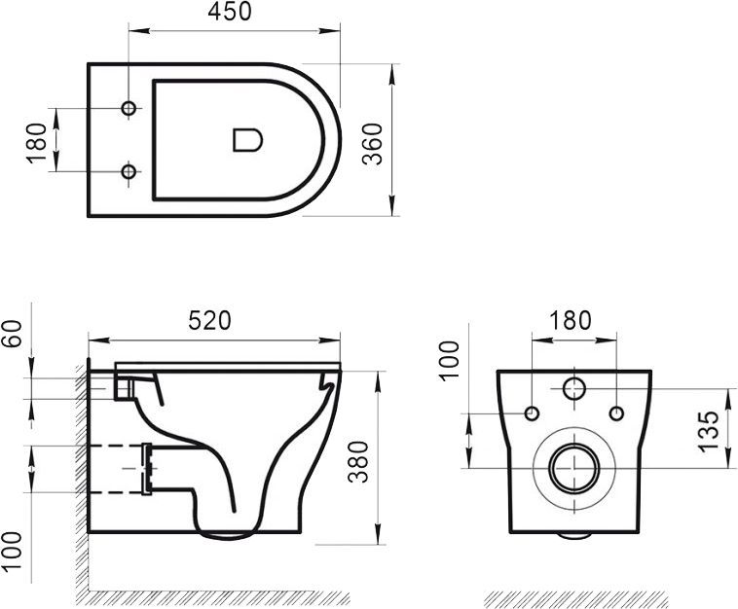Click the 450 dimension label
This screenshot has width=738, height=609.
point(230,13)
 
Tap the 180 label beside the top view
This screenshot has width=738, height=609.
point(38,142)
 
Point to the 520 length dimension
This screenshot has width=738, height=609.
point(209,321)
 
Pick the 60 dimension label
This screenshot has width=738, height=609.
point(13,343)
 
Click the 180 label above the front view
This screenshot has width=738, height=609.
point(571,320)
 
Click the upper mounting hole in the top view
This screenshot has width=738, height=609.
point(129,107)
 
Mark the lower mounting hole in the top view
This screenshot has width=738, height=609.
point(129,172)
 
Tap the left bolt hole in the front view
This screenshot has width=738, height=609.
point(532,414)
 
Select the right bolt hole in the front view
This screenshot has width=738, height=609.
point(615,414)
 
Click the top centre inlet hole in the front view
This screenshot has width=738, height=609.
point(573,388)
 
